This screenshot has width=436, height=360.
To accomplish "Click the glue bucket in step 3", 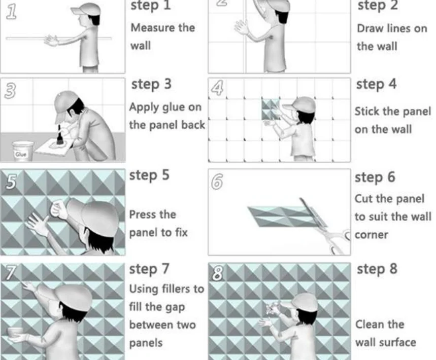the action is click(23, 151).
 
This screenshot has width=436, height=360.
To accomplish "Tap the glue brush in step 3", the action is click(59, 135).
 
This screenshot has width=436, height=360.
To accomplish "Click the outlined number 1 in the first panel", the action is click(11, 13).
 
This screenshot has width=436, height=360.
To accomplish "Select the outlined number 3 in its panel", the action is click(10, 91).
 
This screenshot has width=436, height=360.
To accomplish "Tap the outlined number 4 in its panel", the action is click(217, 88).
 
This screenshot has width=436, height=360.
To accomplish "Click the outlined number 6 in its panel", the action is click(217, 182).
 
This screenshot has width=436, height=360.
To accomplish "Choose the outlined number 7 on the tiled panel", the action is click(10, 272).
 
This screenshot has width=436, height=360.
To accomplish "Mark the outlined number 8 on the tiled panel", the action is click(217, 272).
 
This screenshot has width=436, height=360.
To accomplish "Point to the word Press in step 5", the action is click(145, 214).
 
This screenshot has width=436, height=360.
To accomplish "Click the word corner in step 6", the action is click(371, 235).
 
